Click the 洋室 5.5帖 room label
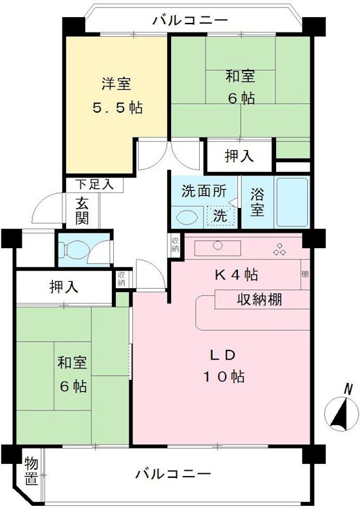[115, 95]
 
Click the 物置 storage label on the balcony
[30, 471]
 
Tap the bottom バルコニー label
[172, 475]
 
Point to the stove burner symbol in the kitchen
[279, 250]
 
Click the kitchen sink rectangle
[216, 248]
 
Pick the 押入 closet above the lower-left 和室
[64, 286]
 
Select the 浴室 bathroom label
[258, 201]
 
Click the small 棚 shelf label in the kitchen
[305, 275]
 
